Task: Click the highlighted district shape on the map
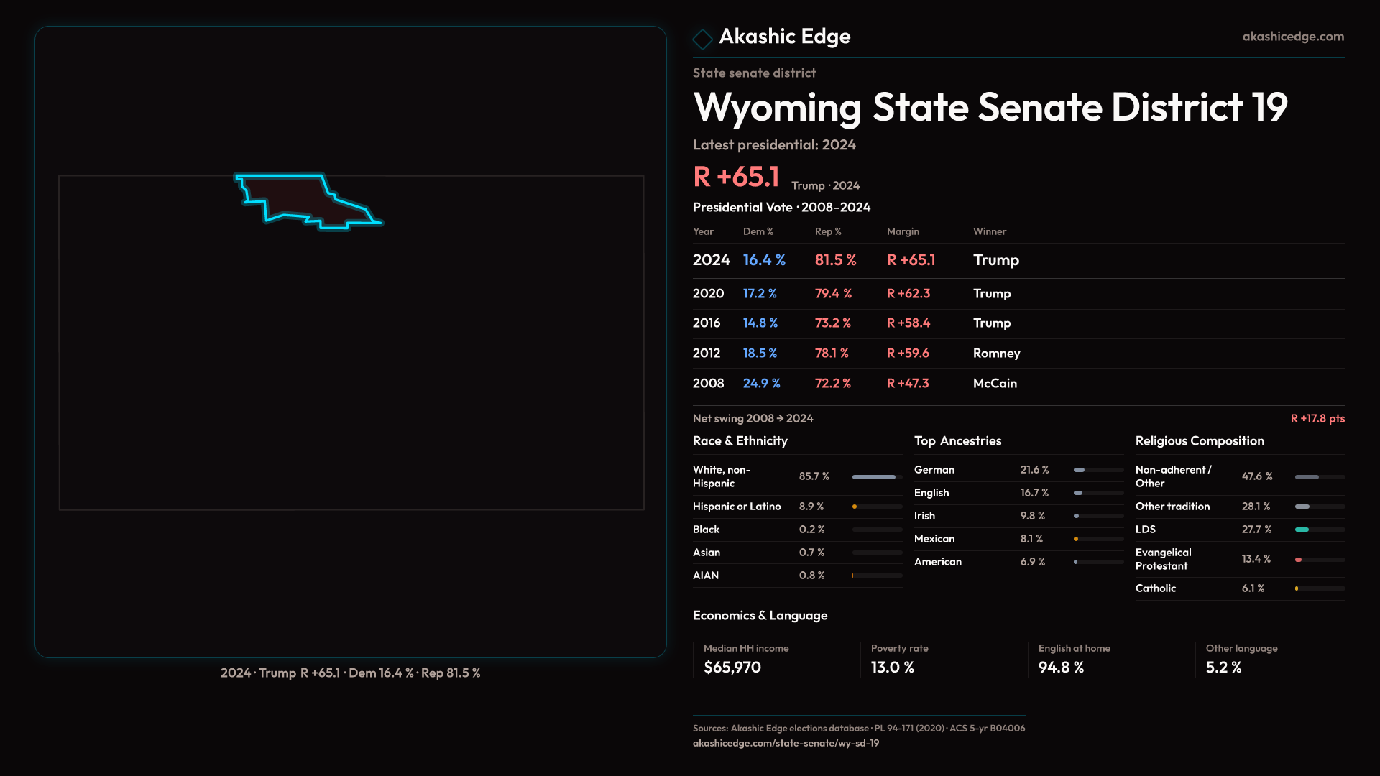pyautogui.click(x=295, y=198)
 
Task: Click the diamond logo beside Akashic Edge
pyautogui.click(x=702, y=39)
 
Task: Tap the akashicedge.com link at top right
pyautogui.click(x=1292, y=37)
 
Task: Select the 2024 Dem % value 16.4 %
pyautogui.click(x=763, y=260)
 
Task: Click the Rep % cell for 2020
pyautogui.click(x=832, y=294)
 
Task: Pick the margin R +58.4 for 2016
pyautogui.click(x=908, y=323)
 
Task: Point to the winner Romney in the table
pyautogui.click(x=996, y=354)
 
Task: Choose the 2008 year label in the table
pyautogui.click(x=708, y=384)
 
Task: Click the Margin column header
pyautogui.click(x=903, y=231)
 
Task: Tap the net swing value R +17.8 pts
pyautogui.click(x=1317, y=419)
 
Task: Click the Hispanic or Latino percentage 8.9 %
pyautogui.click(x=811, y=507)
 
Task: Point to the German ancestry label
pyautogui.click(x=934, y=470)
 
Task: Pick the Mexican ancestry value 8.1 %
pyautogui.click(x=1031, y=539)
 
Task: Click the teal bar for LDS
pyautogui.click(x=1302, y=530)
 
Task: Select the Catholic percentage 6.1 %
pyautogui.click(x=1252, y=588)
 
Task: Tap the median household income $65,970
pyautogui.click(x=732, y=668)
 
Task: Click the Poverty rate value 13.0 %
pyautogui.click(x=892, y=668)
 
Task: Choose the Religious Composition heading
pyautogui.click(x=1199, y=441)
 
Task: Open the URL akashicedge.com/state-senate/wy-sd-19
pyautogui.click(x=786, y=744)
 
